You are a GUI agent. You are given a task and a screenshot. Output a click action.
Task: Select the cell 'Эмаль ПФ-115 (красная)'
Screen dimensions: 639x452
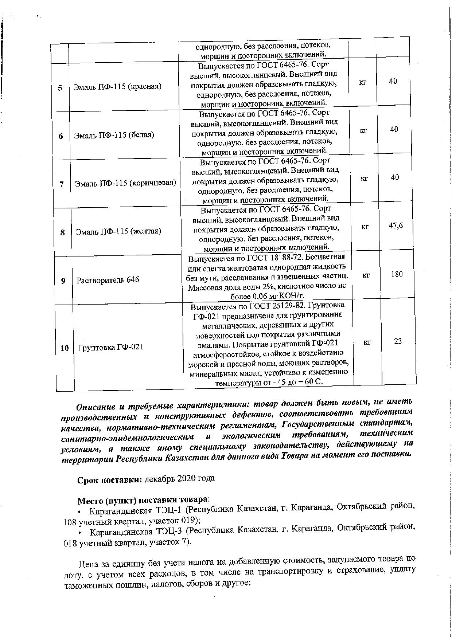coord(117,87)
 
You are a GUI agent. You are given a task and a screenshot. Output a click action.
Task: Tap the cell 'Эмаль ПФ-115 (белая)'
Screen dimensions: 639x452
coord(114,135)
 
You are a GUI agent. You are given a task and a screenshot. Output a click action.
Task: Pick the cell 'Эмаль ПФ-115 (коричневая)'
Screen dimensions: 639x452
coord(125,183)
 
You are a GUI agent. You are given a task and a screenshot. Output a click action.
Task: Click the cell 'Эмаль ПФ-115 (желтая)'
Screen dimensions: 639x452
coord(118,231)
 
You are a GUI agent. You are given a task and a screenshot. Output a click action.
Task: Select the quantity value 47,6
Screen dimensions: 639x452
coord(396,226)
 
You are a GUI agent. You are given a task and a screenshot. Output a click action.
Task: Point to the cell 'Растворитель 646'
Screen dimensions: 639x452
coord(108,280)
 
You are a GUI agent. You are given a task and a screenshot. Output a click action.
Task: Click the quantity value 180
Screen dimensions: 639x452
coord(397,274)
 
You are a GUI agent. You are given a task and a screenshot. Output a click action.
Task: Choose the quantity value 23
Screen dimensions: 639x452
coord(398,341)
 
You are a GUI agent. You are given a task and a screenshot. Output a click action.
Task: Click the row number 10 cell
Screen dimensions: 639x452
coord(64,348)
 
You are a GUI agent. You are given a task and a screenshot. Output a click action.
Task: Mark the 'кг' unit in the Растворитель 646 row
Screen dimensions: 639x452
coord(366,275)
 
